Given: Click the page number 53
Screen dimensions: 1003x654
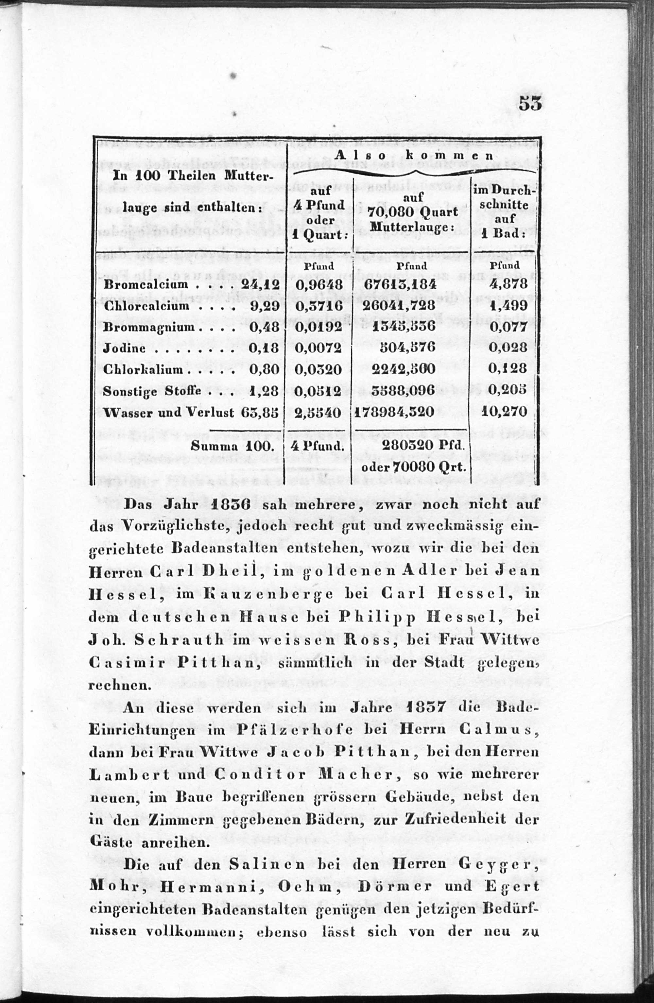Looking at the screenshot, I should pyautogui.click(x=530, y=104).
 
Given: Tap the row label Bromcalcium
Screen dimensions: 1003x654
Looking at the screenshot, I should pyautogui.click(x=146, y=284).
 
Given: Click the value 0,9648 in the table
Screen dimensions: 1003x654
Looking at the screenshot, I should pyautogui.click(x=319, y=285).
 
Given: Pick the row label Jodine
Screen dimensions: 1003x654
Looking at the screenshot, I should pyautogui.click(x=125, y=348).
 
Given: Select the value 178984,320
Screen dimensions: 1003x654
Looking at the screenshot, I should pyautogui.click(x=394, y=412).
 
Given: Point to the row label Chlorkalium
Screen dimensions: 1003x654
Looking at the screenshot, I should pyautogui.click(x=143, y=370).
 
